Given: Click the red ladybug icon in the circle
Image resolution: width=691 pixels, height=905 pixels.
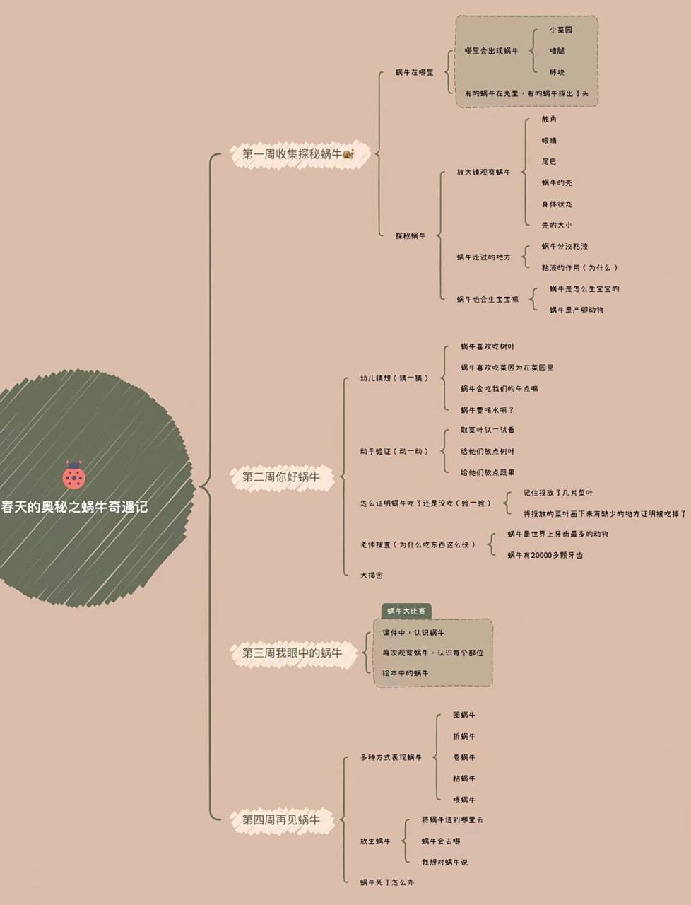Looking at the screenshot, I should [73, 476].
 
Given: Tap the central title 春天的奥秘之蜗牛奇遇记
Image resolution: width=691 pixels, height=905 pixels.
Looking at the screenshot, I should [74, 507].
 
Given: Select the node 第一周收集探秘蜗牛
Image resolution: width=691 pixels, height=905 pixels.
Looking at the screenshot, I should [292, 154].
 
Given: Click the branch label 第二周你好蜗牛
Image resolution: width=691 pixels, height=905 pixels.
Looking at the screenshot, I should [281, 477].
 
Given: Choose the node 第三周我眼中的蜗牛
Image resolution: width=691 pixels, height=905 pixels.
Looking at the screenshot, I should [292, 653].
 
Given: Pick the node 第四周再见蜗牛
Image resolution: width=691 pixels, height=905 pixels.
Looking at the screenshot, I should [281, 819].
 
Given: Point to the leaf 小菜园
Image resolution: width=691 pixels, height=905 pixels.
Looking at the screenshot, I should [560, 30].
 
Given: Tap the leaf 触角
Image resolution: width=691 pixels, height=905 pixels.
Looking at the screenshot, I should [549, 119].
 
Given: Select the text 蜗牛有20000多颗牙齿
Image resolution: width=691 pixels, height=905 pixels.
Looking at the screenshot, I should [545, 555].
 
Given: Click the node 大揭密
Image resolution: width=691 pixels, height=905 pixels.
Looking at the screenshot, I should [372, 576].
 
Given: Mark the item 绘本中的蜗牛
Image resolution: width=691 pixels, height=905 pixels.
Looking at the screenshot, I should [406, 673].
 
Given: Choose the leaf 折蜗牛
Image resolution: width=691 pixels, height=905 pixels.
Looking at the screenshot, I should [464, 736].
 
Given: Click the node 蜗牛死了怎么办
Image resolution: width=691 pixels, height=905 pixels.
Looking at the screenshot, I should [387, 882].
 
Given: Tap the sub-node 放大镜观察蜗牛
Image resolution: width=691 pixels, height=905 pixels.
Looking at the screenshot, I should [483, 172].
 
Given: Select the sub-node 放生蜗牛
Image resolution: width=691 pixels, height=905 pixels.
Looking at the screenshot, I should [375, 841].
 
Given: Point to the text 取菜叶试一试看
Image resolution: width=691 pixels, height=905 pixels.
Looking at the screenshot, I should [488, 430].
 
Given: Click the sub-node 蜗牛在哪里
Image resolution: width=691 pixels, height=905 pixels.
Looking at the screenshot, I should [414, 72].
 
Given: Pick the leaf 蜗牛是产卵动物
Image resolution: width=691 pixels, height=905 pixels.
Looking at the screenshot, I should [577, 310].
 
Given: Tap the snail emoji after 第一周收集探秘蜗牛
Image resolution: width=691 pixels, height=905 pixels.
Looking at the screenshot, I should [348, 154].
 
